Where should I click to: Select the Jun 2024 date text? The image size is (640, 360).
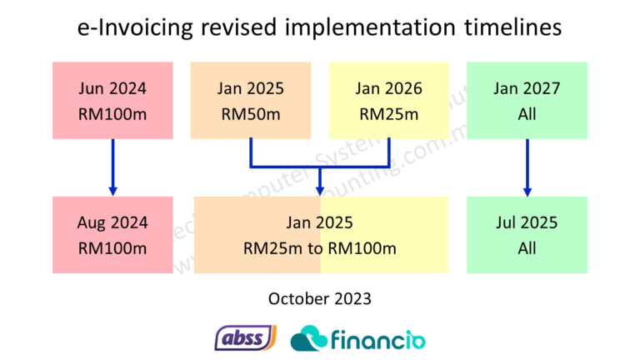pyautogui.click(x=112, y=88)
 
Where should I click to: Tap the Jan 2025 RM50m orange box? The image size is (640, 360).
pyautogui.click(x=251, y=100)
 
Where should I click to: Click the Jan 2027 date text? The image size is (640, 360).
pyautogui.click(x=527, y=88)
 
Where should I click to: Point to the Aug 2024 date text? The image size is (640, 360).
pyautogui.click(x=112, y=222)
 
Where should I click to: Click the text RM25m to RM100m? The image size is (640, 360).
pyautogui.click(x=320, y=248)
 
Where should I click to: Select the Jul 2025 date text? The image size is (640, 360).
pyautogui.click(x=527, y=222)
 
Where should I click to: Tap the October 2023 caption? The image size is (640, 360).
pyautogui.click(x=320, y=297)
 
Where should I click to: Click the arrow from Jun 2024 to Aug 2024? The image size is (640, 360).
pyautogui.click(x=112, y=167)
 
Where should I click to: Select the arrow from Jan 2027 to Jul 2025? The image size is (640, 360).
pyautogui.click(x=527, y=167)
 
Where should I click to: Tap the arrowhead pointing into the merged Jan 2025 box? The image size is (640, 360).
pyautogui.click(x=320, y=189)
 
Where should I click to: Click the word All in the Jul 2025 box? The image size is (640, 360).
pyautogui.click(x=527, y=248)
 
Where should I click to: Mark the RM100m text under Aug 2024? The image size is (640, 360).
pyautogui.click(x=112, y=248)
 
